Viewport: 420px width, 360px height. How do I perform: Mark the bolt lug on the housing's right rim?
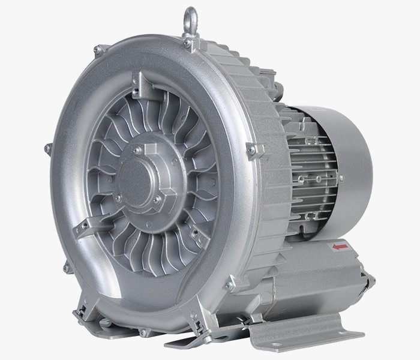point(253,148)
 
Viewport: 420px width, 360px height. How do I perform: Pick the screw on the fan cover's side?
point(341,178)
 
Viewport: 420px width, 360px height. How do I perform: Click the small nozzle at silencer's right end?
point(367,278)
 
